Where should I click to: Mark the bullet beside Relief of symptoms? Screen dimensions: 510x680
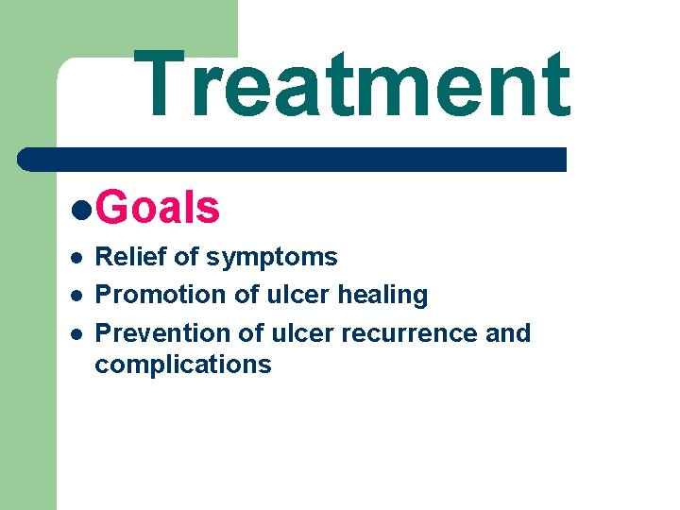click(x=76, y=258)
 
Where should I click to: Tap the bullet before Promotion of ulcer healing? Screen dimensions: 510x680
click(x=76, y=296)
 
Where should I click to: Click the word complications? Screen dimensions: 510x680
click(x=182, y=365)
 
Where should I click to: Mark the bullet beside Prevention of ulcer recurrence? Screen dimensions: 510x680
click(x=76, y=334)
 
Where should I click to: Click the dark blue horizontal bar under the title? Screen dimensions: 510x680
click(x=293, y=159)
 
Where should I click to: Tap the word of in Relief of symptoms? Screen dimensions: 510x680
click(x=185, y=257)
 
